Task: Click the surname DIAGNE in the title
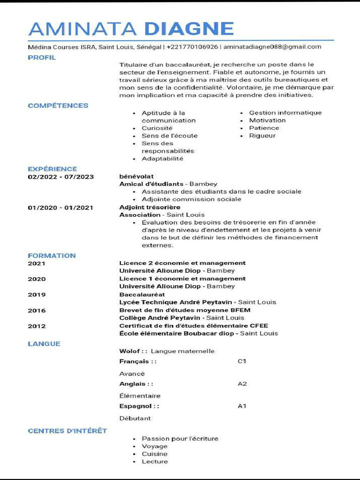tap(188, 29)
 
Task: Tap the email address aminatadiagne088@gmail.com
tap(272, 47)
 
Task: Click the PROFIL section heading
tap(42, 58)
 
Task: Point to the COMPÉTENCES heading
tap(58, 105)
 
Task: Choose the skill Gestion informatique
tap(285, 112)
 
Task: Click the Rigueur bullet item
tap(262, 135)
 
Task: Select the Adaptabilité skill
tap(162, 158)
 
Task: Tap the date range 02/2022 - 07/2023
tap(60, 177)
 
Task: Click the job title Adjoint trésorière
tap(150, 207)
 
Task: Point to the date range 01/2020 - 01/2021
tap(60, 208)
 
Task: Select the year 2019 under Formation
tap(37, 294)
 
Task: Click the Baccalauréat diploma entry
tap(142, 294)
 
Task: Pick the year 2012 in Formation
tap(37, 326)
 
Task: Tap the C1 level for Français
tap(242, 361)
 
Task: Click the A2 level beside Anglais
tap(242, 384)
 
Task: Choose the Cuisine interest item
tap(154, 454)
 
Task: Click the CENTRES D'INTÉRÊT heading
tap(67, 431)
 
